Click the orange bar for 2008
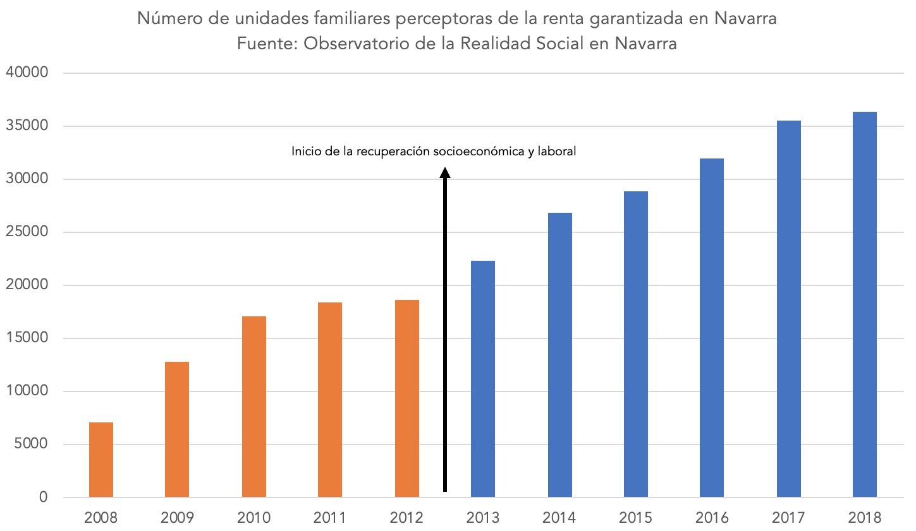coord(101,460)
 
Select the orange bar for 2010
coord(254,407)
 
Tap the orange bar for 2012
coord(407,398)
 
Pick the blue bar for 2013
coord(483,379)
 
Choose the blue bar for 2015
coord(636,344)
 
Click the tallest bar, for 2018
coord(865,304)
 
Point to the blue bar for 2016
coord(712,328)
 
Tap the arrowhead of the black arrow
coord(445,173)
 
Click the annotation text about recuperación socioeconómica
coord(434,152)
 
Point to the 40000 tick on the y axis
coord(27,73)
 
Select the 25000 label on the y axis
coord(27,232)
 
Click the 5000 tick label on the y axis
coord(31,444)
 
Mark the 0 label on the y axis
coord(43,498)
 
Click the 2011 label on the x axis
coord(330,518)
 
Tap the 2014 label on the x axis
coord(559,518)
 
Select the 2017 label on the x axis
coord(788,518)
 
